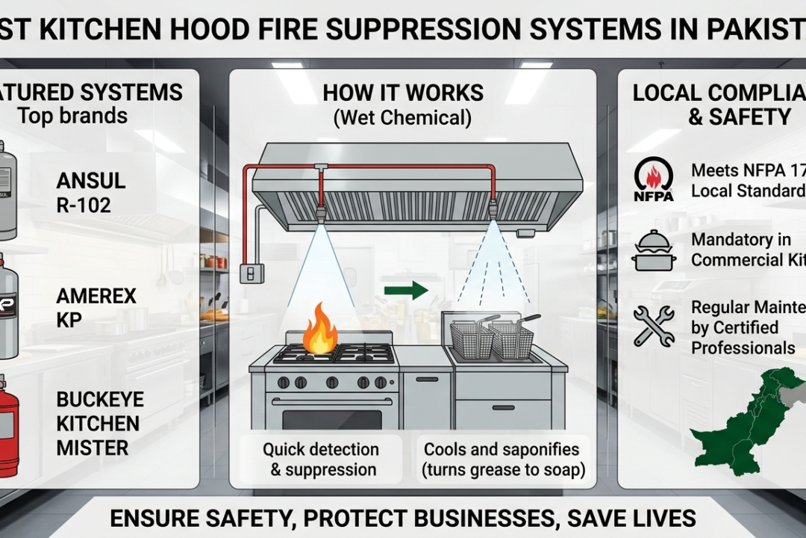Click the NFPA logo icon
[653, 179]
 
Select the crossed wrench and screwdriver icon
[653, 326]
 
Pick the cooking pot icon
[653, 251]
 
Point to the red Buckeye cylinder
[7, 426]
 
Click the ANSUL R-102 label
[90, 192]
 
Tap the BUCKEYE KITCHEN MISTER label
[98, 423]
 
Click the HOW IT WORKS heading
[403, 93]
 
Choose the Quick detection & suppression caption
[320, 460]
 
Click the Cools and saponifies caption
[502, 460]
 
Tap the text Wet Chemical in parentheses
[403, 117]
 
